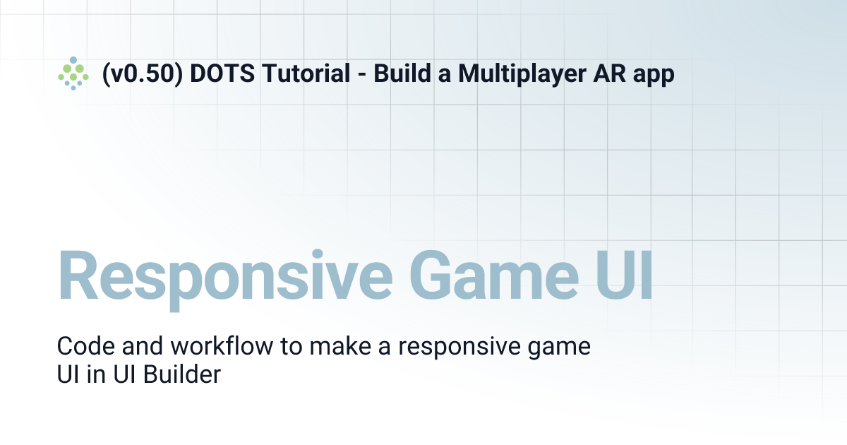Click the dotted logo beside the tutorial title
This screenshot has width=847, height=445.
[x=73, y=73]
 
